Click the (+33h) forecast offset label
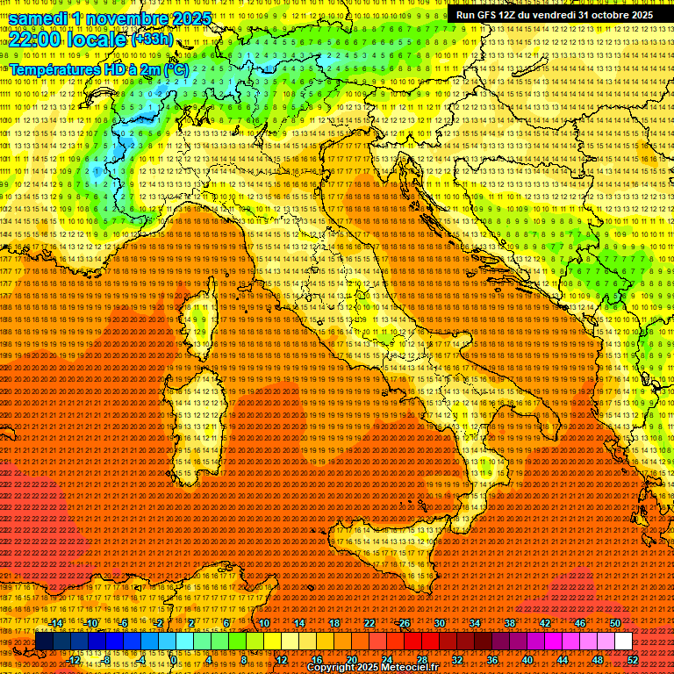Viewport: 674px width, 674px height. click(152, 39)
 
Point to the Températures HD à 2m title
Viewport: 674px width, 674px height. click(98, 68)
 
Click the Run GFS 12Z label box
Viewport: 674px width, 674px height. click(554, 15)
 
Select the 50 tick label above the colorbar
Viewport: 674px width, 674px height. click(615, 623)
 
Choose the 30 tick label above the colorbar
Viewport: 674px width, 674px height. click(440, 623)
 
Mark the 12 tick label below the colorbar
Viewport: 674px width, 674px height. click(281, 659)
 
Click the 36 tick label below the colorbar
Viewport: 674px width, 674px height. click(492, 659)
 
